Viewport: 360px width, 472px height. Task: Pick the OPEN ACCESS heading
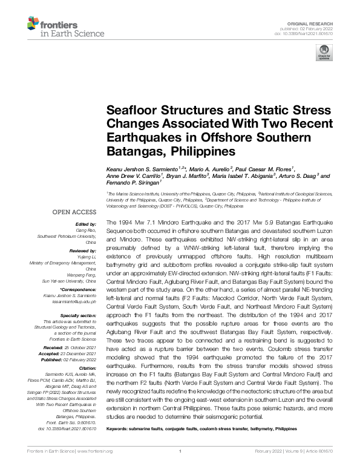coord(74,212)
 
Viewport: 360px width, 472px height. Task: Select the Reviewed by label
coord(82,249)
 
